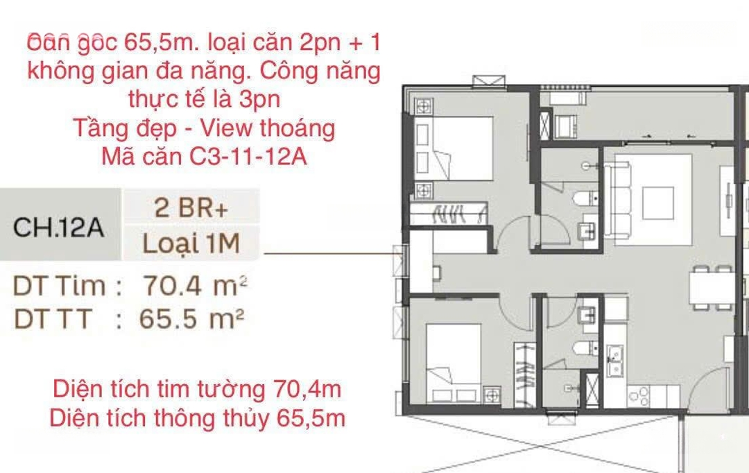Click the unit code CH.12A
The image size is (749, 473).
point(58,227)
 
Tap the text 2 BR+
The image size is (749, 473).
point(191,208)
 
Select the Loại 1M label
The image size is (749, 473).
point(191,243)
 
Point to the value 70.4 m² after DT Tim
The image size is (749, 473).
point(195,286)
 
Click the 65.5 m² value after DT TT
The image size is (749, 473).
point(192,318)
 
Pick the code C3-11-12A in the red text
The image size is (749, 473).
point(248,156)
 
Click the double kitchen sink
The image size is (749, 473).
point(614,361)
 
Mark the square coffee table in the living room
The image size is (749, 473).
point(658,203)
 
